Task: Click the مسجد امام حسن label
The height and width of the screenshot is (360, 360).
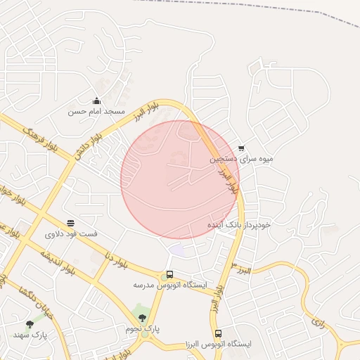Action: point(96,112)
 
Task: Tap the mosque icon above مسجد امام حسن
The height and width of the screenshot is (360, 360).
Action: point(96,101)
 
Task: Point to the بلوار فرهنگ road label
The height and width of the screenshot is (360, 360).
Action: point(39,140)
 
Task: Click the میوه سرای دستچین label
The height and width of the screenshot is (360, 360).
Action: point(241,160)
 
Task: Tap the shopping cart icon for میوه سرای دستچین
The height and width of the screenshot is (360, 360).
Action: point(241,148)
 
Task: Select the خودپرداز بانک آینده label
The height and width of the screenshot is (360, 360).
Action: point(238,224)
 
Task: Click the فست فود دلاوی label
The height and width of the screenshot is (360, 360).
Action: point(71,233)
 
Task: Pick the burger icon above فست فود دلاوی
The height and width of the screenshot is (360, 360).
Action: point(71,222)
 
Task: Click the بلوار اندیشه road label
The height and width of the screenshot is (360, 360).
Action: point(56,259)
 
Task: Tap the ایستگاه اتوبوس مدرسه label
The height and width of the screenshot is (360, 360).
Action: point(169,285)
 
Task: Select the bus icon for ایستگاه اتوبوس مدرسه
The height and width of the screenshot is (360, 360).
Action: point(169,275)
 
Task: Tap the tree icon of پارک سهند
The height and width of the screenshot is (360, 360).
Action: point(30,324)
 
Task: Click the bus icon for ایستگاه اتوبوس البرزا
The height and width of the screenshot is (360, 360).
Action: point(218,333)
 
